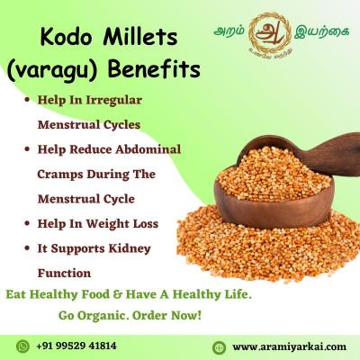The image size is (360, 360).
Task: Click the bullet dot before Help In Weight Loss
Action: [32, 221]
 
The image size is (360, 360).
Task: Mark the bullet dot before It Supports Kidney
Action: [32, 247]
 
